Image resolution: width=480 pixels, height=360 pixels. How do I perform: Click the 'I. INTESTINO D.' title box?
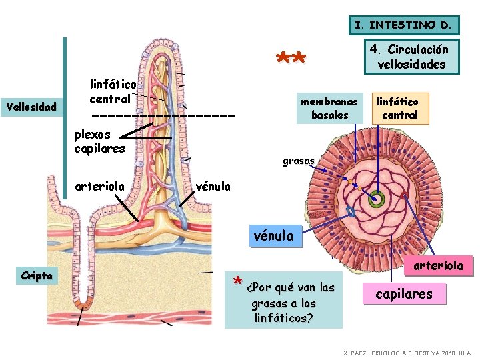click(404, 25)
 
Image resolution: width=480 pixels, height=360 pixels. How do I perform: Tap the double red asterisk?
click(291, 59)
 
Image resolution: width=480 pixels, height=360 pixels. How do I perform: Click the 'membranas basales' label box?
click(329, 108)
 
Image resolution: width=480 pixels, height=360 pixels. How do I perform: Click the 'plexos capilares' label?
click(99, 141)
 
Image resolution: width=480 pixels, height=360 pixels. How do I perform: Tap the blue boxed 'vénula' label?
click(275, 235)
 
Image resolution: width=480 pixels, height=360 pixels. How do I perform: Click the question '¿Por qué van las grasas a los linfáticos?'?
click(289, 303)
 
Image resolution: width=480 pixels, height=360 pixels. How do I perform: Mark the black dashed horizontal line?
click(163, 115)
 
